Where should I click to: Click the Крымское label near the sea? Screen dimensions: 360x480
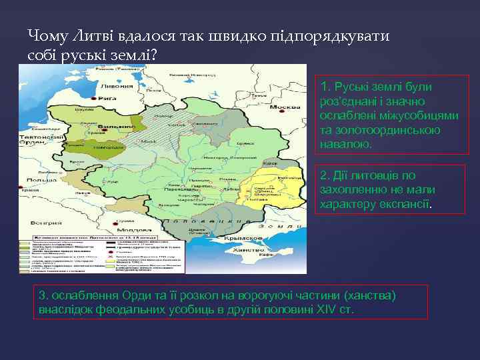[x=260, y=237]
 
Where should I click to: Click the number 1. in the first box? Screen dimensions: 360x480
[x=325, y=87]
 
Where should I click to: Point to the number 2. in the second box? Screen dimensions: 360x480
[x=325, y=175]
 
